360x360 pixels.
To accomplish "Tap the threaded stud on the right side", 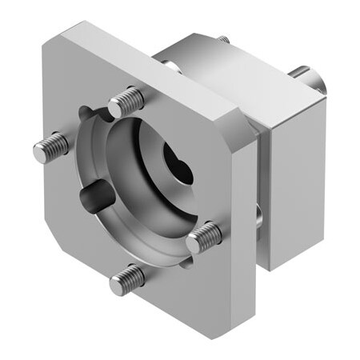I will click(203, 237).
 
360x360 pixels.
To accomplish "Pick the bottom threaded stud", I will click(129, 278).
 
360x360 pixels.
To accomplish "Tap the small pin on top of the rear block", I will click(224, 39).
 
